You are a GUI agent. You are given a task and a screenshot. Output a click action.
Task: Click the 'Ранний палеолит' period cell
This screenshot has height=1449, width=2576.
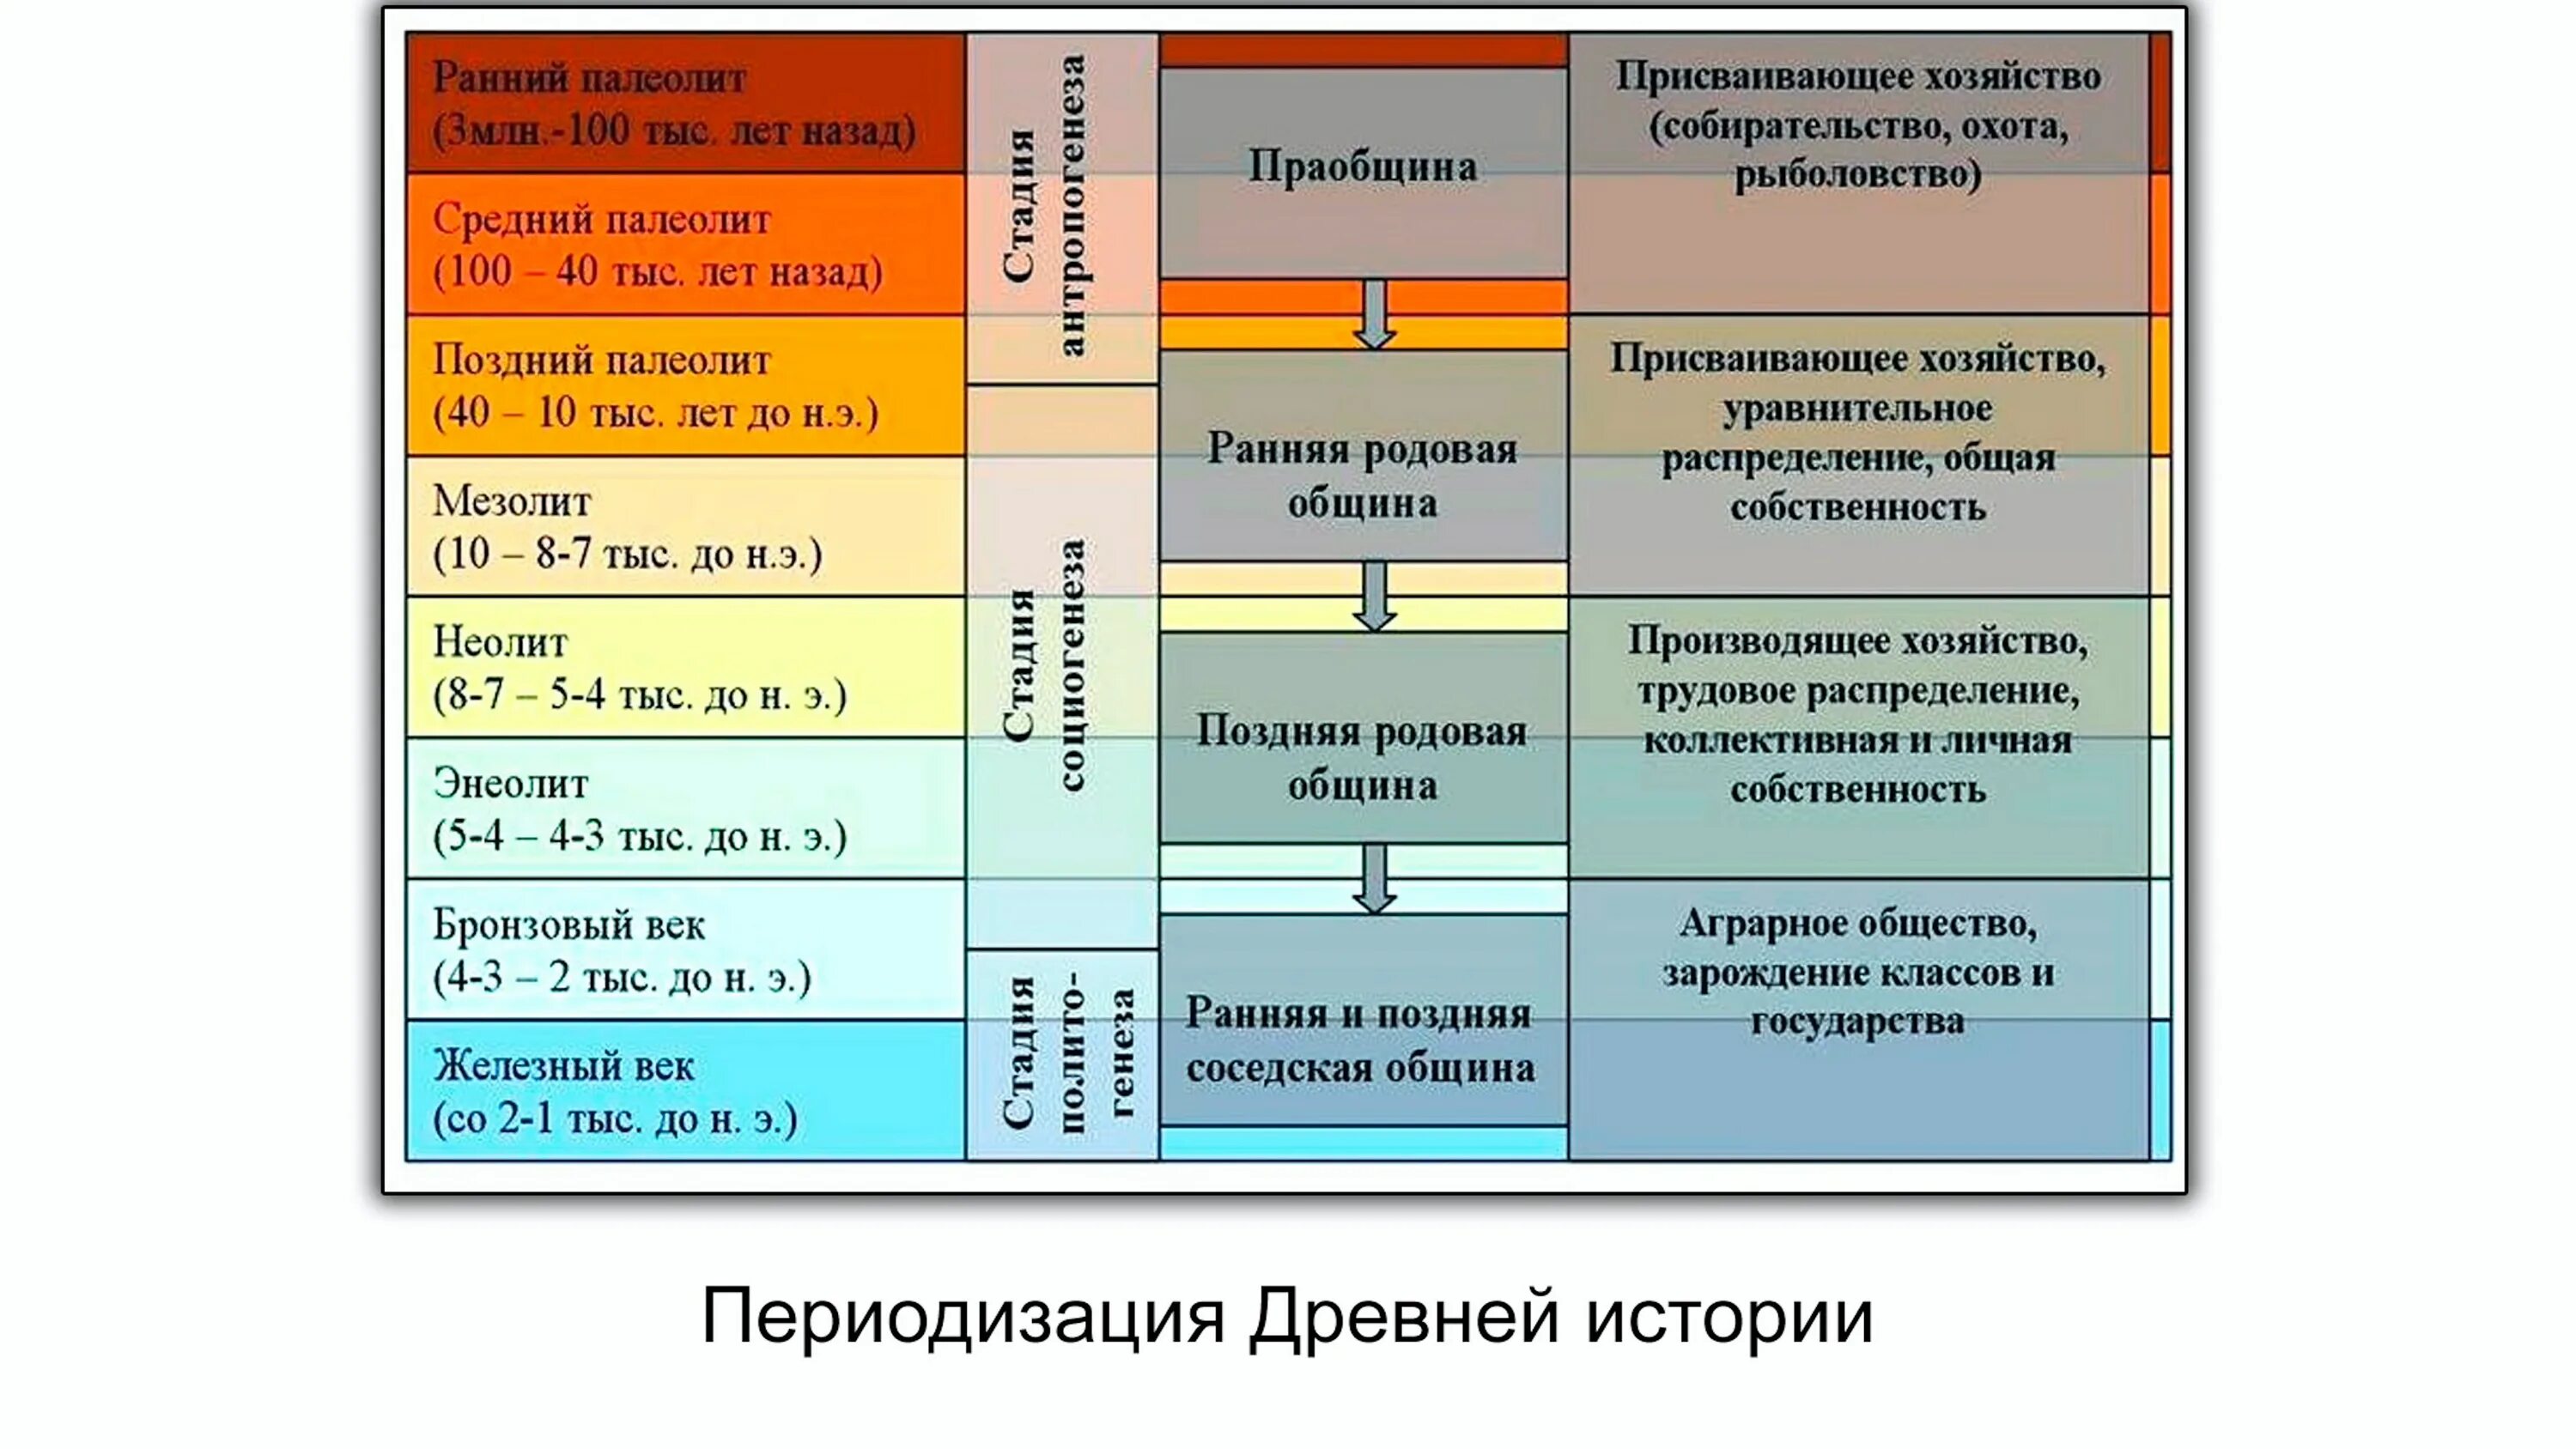point(685,104)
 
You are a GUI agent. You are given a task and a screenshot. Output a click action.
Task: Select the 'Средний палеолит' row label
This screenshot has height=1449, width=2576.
point(685,245)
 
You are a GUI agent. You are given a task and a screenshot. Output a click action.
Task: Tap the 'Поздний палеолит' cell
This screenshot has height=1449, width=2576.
point(685,386)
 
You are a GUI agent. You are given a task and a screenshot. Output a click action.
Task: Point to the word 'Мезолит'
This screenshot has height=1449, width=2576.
point(512,501)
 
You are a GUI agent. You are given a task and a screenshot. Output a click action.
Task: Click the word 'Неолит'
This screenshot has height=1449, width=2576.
point(500,642)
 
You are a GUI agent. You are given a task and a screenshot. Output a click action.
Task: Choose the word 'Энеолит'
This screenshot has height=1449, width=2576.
point(510,783)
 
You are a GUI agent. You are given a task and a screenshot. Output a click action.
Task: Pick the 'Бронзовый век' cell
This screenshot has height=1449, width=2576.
point(685,950)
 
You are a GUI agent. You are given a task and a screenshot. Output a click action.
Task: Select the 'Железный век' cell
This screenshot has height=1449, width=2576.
point(685,1091)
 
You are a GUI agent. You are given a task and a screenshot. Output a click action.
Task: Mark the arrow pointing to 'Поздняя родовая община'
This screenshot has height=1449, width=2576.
point(1375,596)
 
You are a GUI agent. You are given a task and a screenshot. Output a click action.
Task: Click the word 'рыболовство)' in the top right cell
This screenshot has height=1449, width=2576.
point(1858,176)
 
